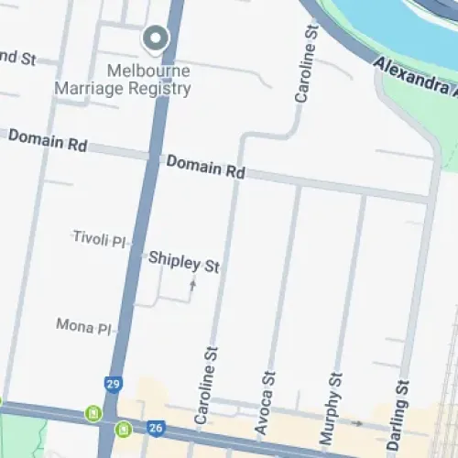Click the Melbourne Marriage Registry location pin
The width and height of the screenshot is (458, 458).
click(157, 38)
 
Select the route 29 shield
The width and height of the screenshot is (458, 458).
click(113, 385)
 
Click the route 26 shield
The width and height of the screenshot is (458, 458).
click(156, 427)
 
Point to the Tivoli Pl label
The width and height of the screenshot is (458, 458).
click(99, 238)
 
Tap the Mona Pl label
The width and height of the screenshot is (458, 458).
click(83, 325)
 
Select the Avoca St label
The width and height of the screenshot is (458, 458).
click(266, 402)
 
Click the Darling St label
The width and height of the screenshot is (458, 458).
click(398, 413)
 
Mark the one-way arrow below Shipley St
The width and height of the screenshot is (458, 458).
click(192, 285)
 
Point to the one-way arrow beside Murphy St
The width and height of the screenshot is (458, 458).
click(358, 424)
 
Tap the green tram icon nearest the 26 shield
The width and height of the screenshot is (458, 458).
click(122, 429)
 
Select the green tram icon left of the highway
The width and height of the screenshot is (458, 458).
click(93, 414)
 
